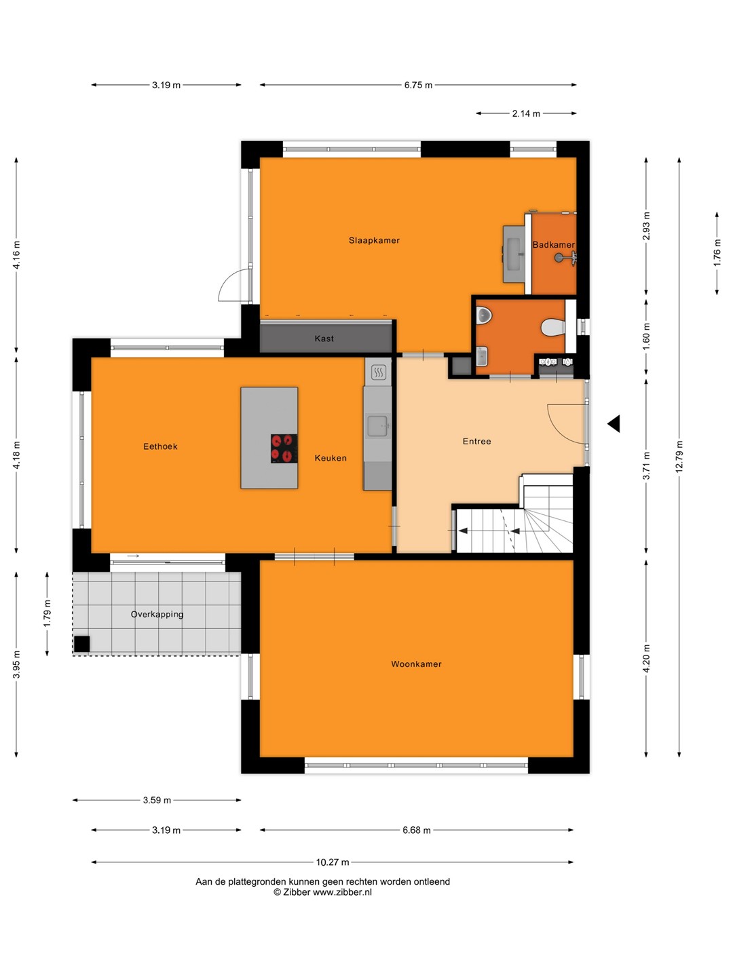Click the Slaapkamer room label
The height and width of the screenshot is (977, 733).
[x=374, y=240]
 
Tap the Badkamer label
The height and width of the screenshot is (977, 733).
[x=553, y=245]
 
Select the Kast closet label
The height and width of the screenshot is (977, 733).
[x=324, y=339]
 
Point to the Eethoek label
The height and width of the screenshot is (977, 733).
[x=160, y=446]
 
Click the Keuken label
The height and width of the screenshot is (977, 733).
[x=331, y=458]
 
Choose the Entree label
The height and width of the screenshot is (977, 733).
[x=476, y=442]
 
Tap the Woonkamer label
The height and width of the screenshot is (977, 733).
[x=416, y=664]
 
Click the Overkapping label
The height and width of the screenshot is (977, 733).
[x=157, y=614]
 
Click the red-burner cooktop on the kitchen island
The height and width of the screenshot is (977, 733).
[x=284, y=448]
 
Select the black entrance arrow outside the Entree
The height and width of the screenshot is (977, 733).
[x=614, y=424]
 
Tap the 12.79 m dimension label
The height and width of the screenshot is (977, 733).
[x=679, y=457]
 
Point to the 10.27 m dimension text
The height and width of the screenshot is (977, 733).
[x=333, y=862]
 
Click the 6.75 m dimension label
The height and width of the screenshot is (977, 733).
[x=418, y=85]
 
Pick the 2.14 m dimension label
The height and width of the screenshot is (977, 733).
[x=526, y=113]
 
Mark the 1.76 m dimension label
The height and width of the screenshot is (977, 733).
[x=717, y=253]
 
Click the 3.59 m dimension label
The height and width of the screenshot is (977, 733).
[x=157, y=801]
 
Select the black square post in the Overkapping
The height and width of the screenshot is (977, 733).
[x=82, y=644]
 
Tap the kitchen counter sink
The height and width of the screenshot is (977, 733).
[x=377, y=426]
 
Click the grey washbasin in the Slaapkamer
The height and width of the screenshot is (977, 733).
[x=514, y=254]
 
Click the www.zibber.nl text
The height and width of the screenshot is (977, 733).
[x=342, y=892]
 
